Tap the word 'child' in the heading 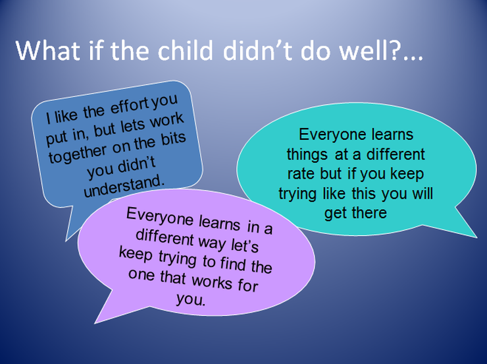185,49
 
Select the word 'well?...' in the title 381,49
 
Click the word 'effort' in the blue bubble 130,106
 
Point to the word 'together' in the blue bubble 78,153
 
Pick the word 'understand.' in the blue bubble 124,186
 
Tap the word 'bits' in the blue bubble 173,138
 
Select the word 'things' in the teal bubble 307,155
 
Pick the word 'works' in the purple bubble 212,281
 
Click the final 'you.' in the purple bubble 191,299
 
